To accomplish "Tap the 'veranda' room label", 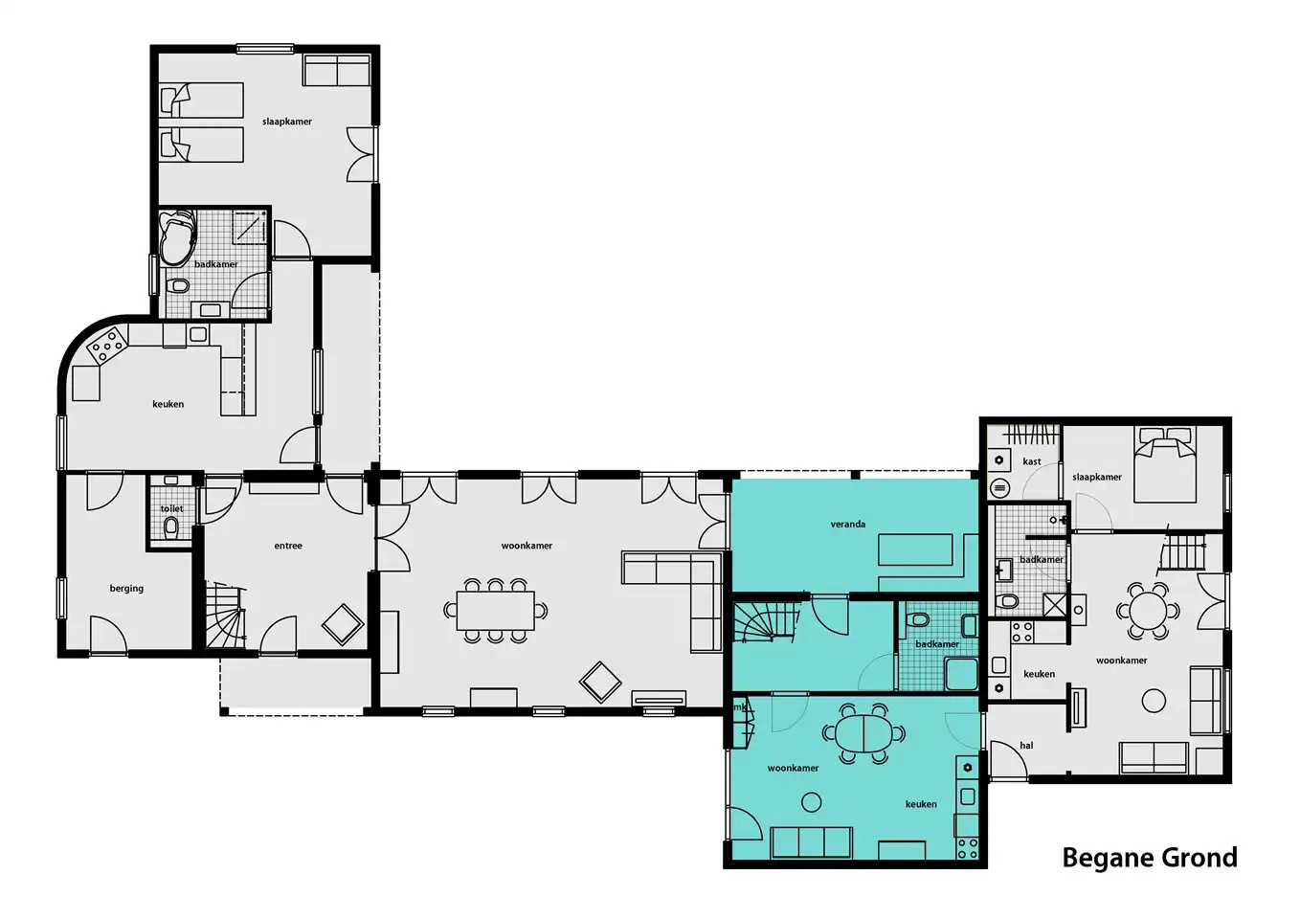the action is point(848,525).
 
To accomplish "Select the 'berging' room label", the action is point(126,589).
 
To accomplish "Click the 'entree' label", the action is point(288,546).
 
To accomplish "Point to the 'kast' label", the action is point(1032,461).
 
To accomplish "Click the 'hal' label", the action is point(1026,746).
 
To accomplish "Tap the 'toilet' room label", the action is point(171,509).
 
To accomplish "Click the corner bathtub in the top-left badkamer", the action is point(178,237).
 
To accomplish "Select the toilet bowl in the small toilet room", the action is point(171,527).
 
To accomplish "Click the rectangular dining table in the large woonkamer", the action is point(495,611).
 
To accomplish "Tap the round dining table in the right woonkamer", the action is point(1149,611).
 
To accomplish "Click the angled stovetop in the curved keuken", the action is point(107,346).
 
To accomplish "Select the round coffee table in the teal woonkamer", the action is point(812,802).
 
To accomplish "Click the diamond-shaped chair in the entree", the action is point(343,625).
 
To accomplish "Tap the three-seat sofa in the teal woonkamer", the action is point(812,842).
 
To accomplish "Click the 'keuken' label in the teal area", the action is point(921,804).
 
